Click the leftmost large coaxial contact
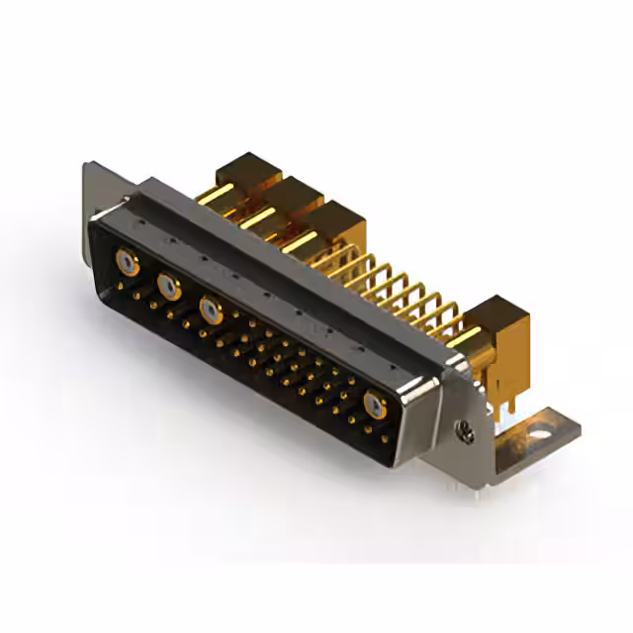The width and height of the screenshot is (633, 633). tap(126, 262)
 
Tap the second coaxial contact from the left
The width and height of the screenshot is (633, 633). tap(169, 287)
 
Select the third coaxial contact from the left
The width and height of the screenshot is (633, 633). tap(211, 310)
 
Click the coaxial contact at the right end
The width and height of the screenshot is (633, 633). tap(375, 404)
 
